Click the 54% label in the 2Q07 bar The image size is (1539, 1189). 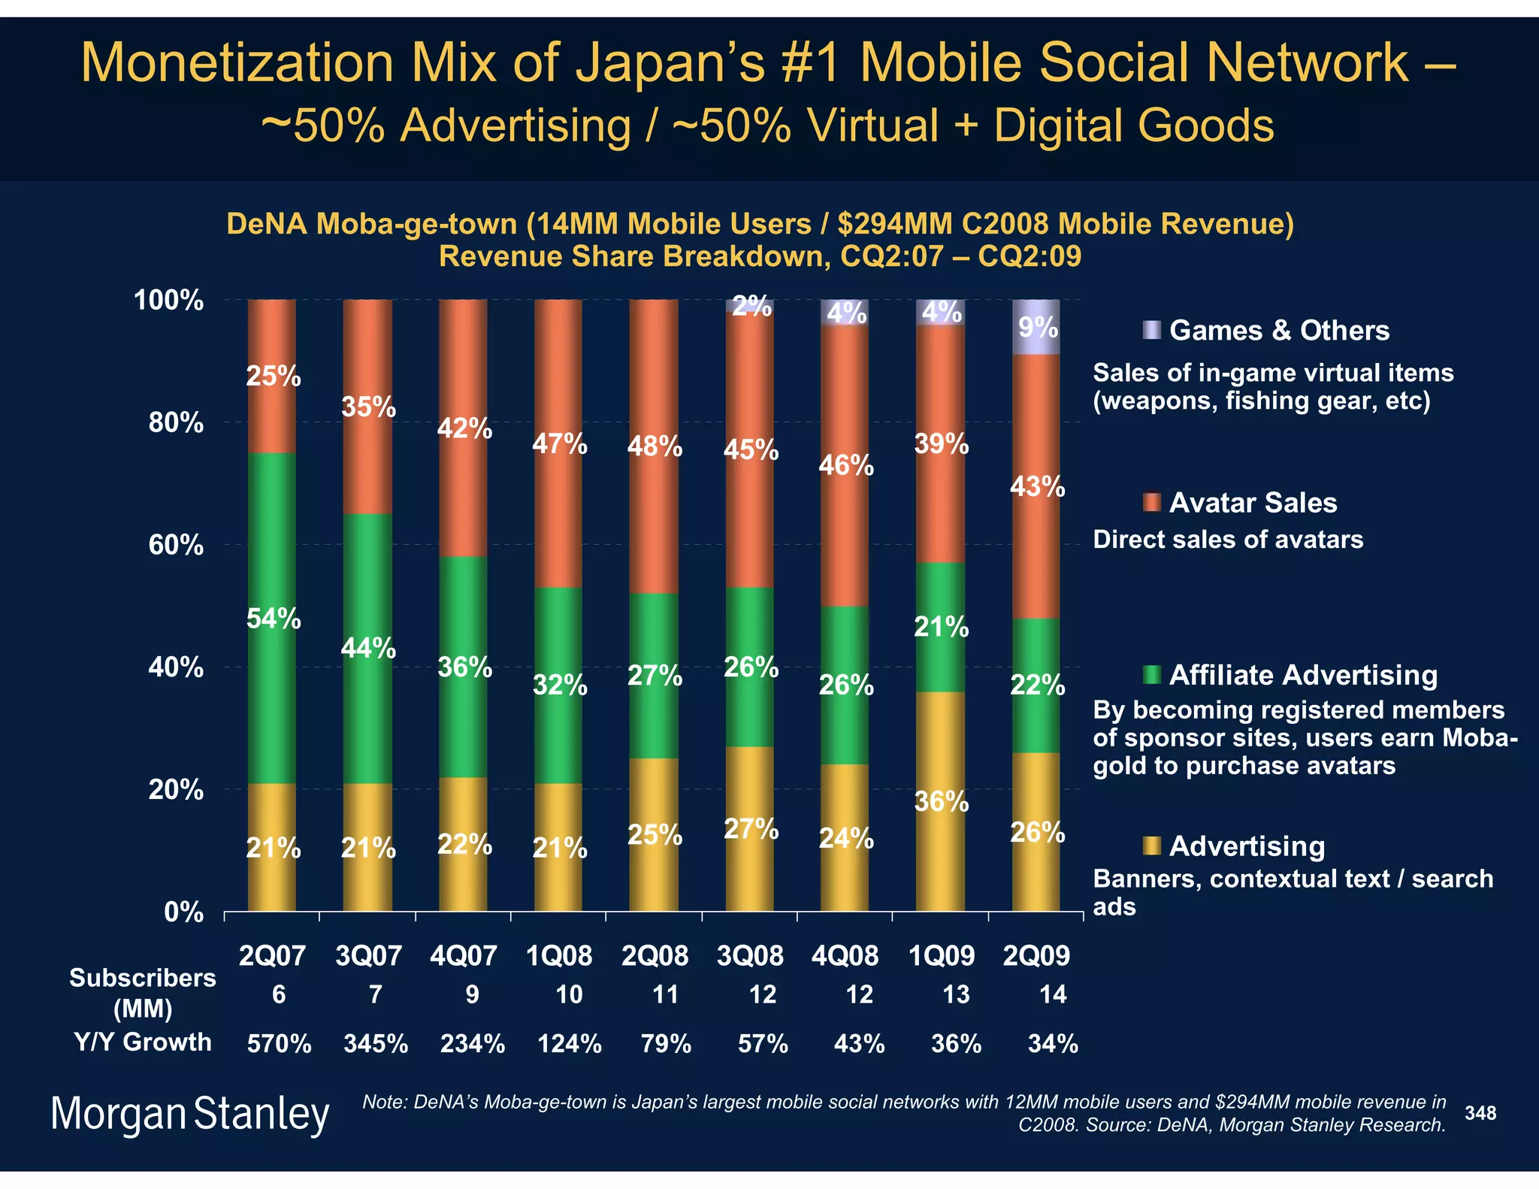pos(274,619)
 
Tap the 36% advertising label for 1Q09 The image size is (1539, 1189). pos(941,802)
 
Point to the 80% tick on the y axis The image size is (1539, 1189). pos(176,423)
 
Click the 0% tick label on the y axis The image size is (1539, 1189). pos(183,912)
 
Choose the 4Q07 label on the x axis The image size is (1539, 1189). pos(464,956)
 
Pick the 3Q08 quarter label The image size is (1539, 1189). pos(750,956)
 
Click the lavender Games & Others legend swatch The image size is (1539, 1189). pos(1150,330)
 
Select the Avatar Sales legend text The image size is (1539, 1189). pos(1253,503)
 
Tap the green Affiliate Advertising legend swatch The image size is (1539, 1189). pos(1150,674)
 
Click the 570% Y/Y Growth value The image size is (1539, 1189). pos(280,1044)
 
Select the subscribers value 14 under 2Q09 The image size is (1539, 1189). pos(1052,995)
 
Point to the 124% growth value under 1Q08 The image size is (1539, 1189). pos(570,1044)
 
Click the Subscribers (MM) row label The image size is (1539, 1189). pos(143,993)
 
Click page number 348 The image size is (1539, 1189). pos(1480,1113)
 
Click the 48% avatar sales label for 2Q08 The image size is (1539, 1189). pos(655,447)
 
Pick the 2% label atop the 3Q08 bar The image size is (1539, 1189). pos(751,307)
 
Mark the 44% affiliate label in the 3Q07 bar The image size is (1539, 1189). pos(368,648)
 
